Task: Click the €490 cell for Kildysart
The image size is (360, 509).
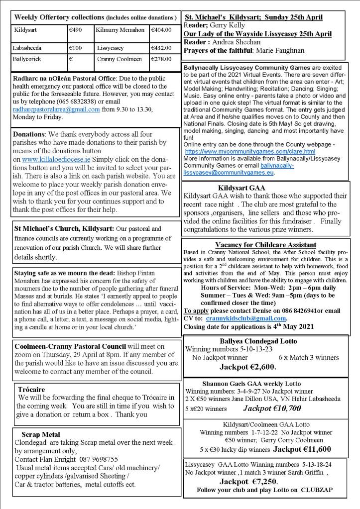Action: pos(76,30)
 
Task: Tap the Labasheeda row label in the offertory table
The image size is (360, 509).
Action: pos(28,48)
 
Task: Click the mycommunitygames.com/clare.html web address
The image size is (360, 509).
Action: pos(249,151)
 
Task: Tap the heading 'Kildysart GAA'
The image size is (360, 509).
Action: pos(241,188)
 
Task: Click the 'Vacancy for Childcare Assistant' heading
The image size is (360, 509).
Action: pos(265,245)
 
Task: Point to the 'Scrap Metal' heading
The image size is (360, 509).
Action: pos(41,434)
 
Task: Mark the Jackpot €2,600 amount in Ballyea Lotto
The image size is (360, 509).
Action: pos(247,368)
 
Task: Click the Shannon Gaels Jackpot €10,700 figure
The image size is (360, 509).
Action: pos(272,408)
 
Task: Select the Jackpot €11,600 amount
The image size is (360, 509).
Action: pos(302,449)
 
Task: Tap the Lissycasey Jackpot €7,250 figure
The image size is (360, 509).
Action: pos(248,481)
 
